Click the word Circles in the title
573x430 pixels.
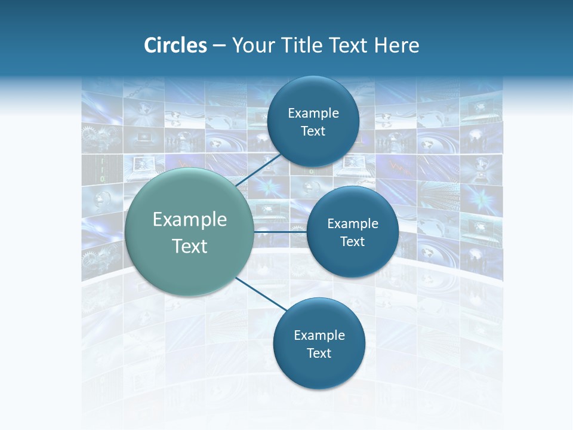pos(175,45)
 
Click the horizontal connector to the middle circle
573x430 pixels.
pos(280,231)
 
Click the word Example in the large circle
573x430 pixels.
pos(190,220)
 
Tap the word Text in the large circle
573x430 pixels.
pos(190,246)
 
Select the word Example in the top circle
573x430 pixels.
pos(313,113)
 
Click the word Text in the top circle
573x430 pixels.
pos(313,131)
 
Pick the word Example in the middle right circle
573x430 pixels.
pos(353,224)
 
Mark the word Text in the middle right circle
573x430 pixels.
pos(352,242)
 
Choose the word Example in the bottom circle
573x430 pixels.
pos(319,336)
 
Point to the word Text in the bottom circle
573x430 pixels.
pos(319,354)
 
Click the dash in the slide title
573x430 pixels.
pos(219,46)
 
